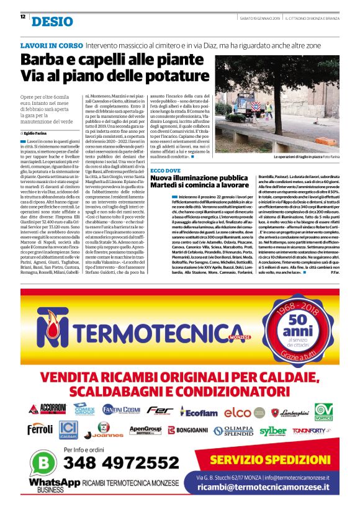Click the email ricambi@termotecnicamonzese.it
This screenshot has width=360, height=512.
coord(271,488)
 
